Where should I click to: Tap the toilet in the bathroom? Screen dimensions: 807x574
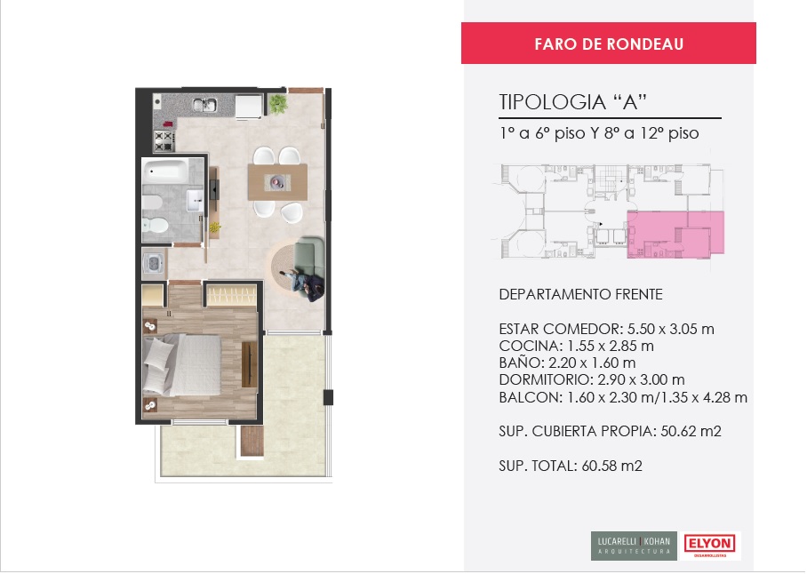(x=156, y=225)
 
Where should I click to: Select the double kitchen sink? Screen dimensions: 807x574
(x=204, y=105)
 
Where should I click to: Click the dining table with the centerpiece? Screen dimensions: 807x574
(x=278, y=182)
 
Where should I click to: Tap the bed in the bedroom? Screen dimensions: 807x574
(x=182, y=365)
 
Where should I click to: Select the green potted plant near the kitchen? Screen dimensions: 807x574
(x=278, y=104)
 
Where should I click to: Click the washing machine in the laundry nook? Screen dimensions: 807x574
(x=154, y=264)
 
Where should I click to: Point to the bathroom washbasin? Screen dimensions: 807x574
(x=195, y=200)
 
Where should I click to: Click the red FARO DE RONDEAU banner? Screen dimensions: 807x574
(x=608, y=44)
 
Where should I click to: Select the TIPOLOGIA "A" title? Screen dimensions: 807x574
(x=573, y=102)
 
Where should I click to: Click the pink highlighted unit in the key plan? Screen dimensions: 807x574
(x=675, y=234)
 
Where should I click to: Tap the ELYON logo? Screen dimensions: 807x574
(x=710, y=545)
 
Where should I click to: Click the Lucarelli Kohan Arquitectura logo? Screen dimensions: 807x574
(x=634, y=546)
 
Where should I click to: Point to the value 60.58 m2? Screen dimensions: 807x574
(x=612, y=466)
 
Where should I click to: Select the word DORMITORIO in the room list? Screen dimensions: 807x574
(x=545, y=380)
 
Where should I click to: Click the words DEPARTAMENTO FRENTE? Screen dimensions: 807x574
(x=580, y=294)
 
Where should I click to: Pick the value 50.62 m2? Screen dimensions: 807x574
(x=691, y=431)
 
